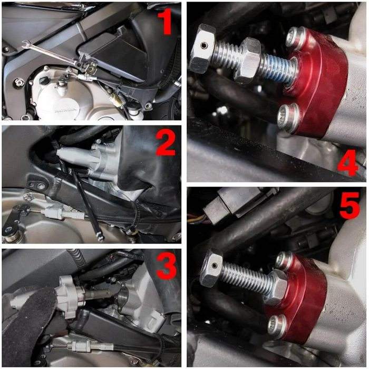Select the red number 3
point(167,266)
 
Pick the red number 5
point(349,205)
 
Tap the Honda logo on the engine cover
point(64,110)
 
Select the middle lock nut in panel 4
point(249,61)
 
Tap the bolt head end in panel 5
point(211,268)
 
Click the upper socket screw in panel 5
point(285,260)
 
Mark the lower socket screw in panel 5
point(278,326)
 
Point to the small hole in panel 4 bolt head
point(203,44)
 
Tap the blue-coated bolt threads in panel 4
point(276,67)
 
